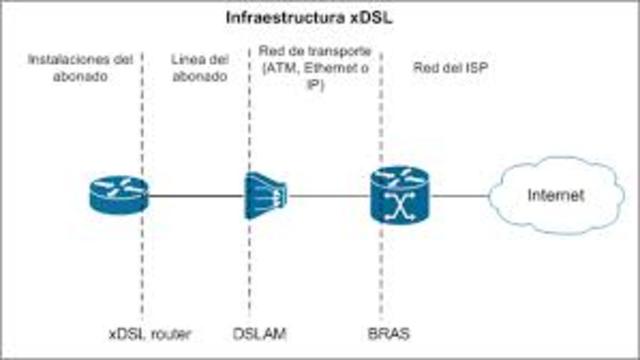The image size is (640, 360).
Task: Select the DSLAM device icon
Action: (265, 194)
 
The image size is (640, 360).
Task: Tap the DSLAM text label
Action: (264, 331)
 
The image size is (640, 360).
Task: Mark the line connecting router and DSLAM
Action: (195, 195)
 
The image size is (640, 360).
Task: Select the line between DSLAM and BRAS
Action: (326, 195)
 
